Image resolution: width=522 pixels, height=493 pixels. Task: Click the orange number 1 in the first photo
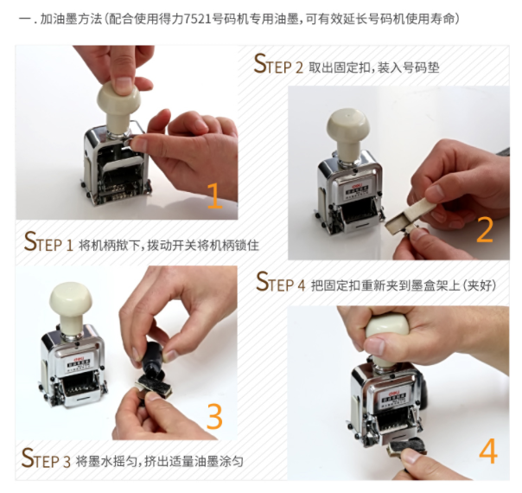214,195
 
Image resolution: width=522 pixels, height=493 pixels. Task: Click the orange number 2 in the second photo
484,229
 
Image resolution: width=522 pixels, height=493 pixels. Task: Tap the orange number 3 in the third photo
214,416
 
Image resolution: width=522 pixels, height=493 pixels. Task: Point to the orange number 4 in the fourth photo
488,451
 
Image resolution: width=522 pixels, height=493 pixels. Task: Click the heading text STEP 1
48,242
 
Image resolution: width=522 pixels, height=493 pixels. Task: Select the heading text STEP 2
278,64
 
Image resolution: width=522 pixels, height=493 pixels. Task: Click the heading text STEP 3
46,458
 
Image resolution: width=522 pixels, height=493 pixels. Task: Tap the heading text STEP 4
280,282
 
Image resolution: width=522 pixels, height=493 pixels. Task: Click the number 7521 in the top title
198,19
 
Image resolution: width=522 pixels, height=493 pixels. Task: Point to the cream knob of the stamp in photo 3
71,304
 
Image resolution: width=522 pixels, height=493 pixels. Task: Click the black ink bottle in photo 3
152,362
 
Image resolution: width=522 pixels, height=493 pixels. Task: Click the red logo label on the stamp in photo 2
357,182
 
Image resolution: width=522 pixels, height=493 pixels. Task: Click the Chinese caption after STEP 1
169,245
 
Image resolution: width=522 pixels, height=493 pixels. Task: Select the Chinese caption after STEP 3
160,461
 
